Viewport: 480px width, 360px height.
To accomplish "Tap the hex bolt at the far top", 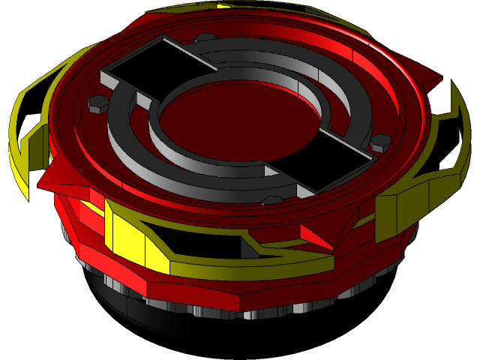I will click(x=204, y=37).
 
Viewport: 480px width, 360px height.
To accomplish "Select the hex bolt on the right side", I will click(x=381, y=141).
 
